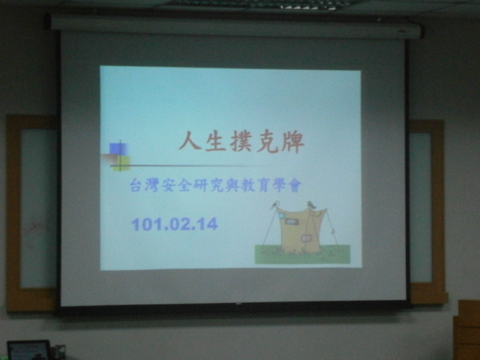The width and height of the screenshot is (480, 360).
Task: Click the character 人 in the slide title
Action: [x=190, y=142]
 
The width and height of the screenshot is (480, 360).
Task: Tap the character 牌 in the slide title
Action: [x=292, y=142]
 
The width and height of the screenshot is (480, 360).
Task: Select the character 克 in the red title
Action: [x=267, y=142]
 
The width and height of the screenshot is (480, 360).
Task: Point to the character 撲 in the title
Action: [x=241, y=142]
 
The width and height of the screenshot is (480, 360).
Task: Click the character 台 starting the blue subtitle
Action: [x=136, y=185]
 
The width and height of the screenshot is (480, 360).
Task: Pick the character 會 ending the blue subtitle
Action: [x=295, y=186]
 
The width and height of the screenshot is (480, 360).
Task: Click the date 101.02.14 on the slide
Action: [x=175, y=224]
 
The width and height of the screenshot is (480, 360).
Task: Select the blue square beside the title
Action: [x=118, y=149]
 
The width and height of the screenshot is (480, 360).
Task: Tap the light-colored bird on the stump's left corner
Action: [x=274, y=205]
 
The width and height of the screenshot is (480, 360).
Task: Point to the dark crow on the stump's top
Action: [x=311, y=205]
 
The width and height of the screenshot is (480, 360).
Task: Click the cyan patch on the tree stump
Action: [x=281, y=216]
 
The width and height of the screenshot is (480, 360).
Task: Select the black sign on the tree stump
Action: [x=291, y=222]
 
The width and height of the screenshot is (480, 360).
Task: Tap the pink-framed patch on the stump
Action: [x=305, y=238]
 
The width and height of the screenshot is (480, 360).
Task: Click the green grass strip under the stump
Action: [x=302, y=254]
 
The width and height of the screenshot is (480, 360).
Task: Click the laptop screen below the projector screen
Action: [x=28, y=351]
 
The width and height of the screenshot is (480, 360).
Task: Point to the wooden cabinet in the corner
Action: [x=467, y=330]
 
